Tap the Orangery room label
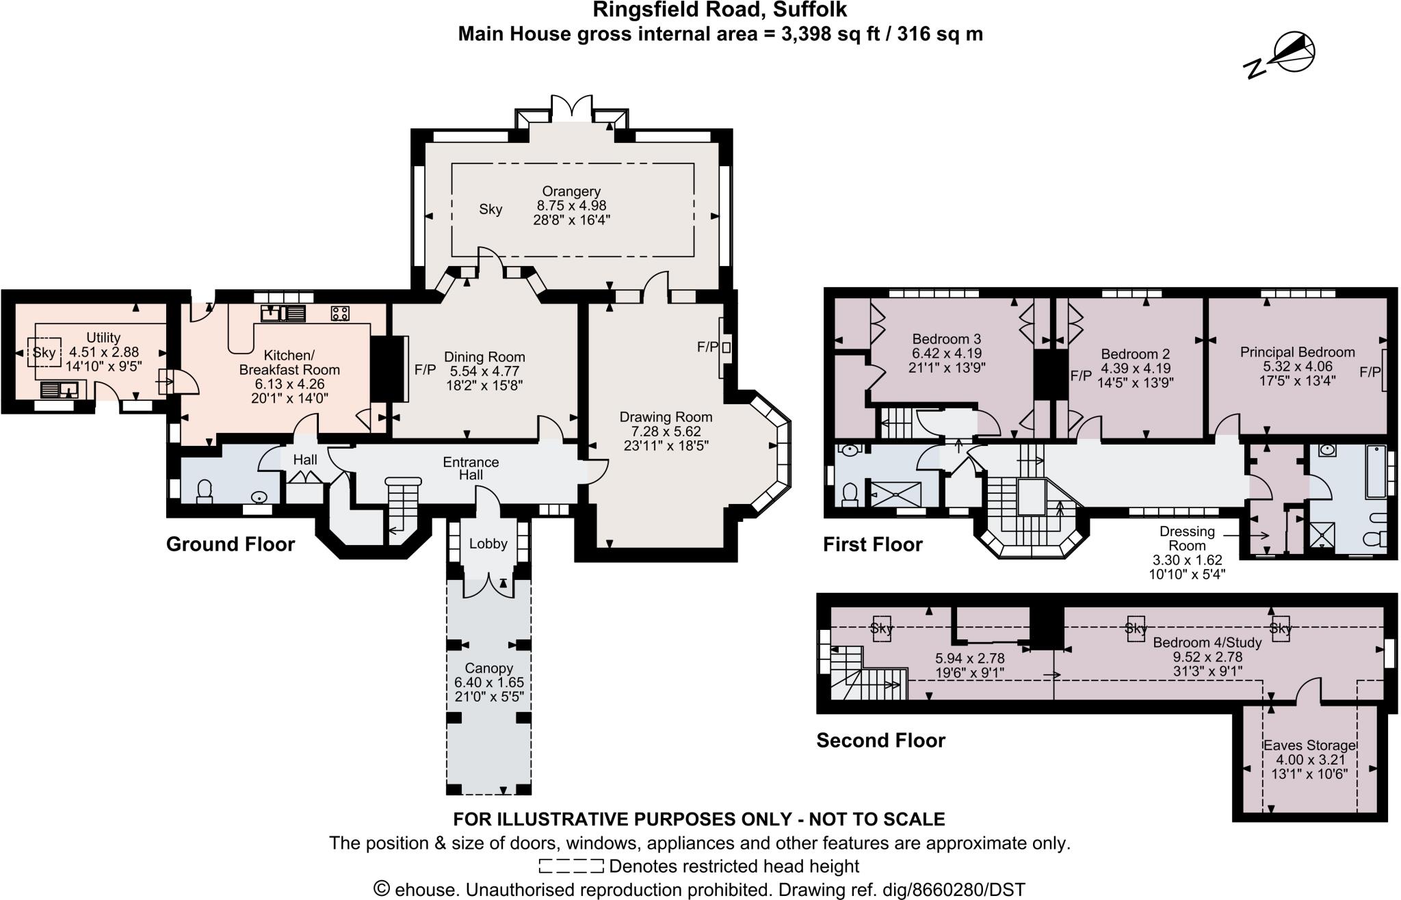571,191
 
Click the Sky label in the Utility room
44,353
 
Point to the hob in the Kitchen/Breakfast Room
340,314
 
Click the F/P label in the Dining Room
425,370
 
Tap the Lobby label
488,544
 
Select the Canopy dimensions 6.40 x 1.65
488,683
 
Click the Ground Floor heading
231,544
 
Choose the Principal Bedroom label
1297,352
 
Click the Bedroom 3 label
946,339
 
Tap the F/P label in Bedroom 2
1081,375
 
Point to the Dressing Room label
1187,538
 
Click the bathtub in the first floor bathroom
1375,472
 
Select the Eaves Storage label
1309,745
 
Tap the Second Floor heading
880,741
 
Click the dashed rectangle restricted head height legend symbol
571,866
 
